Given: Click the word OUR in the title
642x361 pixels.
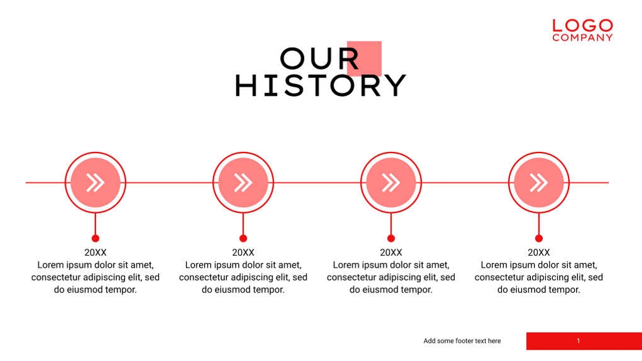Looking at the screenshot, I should (319, 59).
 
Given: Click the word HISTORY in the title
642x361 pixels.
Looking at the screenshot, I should (320, 86).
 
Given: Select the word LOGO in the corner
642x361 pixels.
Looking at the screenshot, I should (582, 26).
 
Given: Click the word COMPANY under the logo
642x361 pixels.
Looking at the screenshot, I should (582, 38).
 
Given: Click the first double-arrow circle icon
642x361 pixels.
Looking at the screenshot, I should (95, 183).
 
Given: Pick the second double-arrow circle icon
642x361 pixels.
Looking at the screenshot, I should (243, 183).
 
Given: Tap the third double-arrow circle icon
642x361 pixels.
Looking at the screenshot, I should (391, 183).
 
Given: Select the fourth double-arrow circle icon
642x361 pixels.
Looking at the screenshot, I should (538, 183).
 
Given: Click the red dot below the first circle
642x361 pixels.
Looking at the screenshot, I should (95, 238).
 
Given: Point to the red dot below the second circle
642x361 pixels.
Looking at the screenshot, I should (243, 238).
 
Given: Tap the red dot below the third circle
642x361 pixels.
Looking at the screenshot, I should (391, 238).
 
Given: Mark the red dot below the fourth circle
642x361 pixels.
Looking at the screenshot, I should (538, 238).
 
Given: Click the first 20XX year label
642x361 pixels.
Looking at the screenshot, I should (95, 252).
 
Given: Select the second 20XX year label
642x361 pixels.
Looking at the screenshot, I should (243, 252).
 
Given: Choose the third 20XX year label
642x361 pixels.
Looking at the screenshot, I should (391, 252).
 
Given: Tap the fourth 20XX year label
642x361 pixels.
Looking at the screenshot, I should (538, 252).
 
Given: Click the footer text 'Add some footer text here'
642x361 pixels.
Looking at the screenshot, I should (462, 341).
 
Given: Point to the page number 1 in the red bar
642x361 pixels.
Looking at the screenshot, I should (578, 341).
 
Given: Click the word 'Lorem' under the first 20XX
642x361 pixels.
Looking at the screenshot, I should (50, 265).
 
